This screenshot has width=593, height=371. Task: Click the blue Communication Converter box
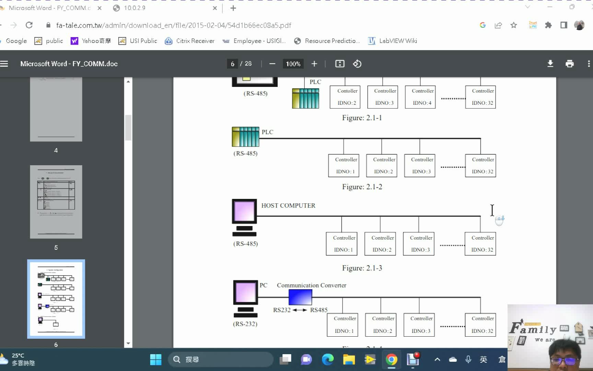[x=300, y=297]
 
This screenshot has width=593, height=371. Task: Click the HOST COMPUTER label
[x=288, y=205]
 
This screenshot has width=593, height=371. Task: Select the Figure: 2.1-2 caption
[x=362, y=187]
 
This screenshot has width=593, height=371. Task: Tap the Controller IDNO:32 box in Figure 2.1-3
[x=480, y=244]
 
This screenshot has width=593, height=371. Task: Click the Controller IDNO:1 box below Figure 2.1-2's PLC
[x=344, y=166]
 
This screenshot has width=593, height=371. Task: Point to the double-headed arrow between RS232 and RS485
[x=300, y=310]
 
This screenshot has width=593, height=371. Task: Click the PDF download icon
[x=550, y=64]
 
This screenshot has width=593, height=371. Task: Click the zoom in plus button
[x=314, y=64]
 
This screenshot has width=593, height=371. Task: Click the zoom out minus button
[x=272, y=64]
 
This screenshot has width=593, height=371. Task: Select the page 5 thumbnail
[x=56, y=202]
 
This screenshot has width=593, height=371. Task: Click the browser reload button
[x=29, y=25]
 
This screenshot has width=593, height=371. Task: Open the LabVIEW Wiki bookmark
[x=393, y=41]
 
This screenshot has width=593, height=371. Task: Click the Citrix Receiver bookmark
[x=190, y=41]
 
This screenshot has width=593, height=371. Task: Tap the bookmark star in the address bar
[x=513, y=25]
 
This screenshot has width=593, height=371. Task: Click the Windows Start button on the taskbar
[x=155, y=359]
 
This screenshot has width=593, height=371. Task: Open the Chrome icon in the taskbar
[x=391, y=359]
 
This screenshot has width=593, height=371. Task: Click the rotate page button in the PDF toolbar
[x=357, y=64]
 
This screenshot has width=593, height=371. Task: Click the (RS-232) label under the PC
[x=245, y=324]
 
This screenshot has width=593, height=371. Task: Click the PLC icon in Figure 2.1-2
[x=245, y=137]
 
